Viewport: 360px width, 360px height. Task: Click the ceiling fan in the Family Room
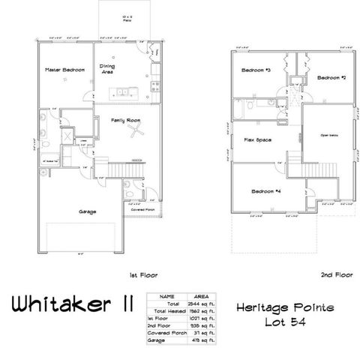tap(136, 133)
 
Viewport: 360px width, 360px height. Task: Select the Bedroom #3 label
tap(256, 70)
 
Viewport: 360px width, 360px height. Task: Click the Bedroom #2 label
tap(330, 77)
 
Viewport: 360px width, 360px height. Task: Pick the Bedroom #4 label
tap(267, 191)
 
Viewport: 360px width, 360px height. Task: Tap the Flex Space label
tap(256, 139)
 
